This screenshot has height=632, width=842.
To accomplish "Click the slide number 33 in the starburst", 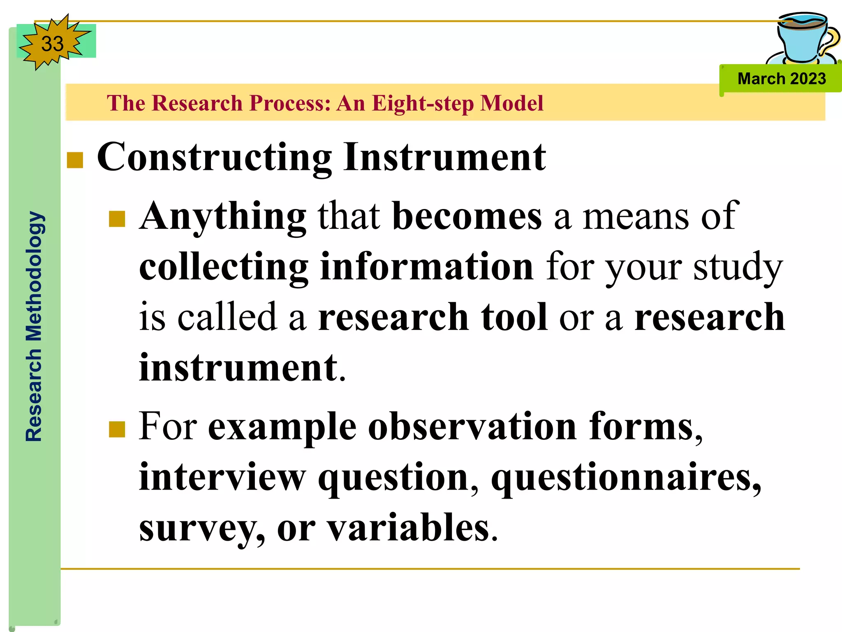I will pyautogui.click(x=52, y=44).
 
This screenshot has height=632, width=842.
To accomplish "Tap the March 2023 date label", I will pyautogui.click(x=781, y=79).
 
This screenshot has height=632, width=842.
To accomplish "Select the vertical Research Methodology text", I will pyautogui.click(x=34, y=326).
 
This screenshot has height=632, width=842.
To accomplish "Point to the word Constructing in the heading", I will pyautogui.click(x=214, y=158).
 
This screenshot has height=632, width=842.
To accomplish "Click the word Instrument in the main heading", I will pyautogui.click(x=445, y=157).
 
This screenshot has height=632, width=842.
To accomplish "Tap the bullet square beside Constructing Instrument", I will pyautogui.click(x=75, y=160).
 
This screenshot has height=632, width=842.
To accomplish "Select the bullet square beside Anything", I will pyautogui.click(x=117, y=219).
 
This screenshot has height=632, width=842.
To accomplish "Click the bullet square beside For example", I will pyautogui.click(x=117, y=429).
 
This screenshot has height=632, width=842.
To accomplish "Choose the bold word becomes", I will pyautogui.click(x=467, y=216).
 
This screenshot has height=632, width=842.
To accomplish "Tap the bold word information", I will pyautogui.click(x=426, y=267).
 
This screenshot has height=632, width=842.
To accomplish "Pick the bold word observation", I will pyautogui.click(x=472, y=427).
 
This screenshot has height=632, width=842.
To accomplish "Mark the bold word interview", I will pyautogui.click(x=222, y=477).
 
